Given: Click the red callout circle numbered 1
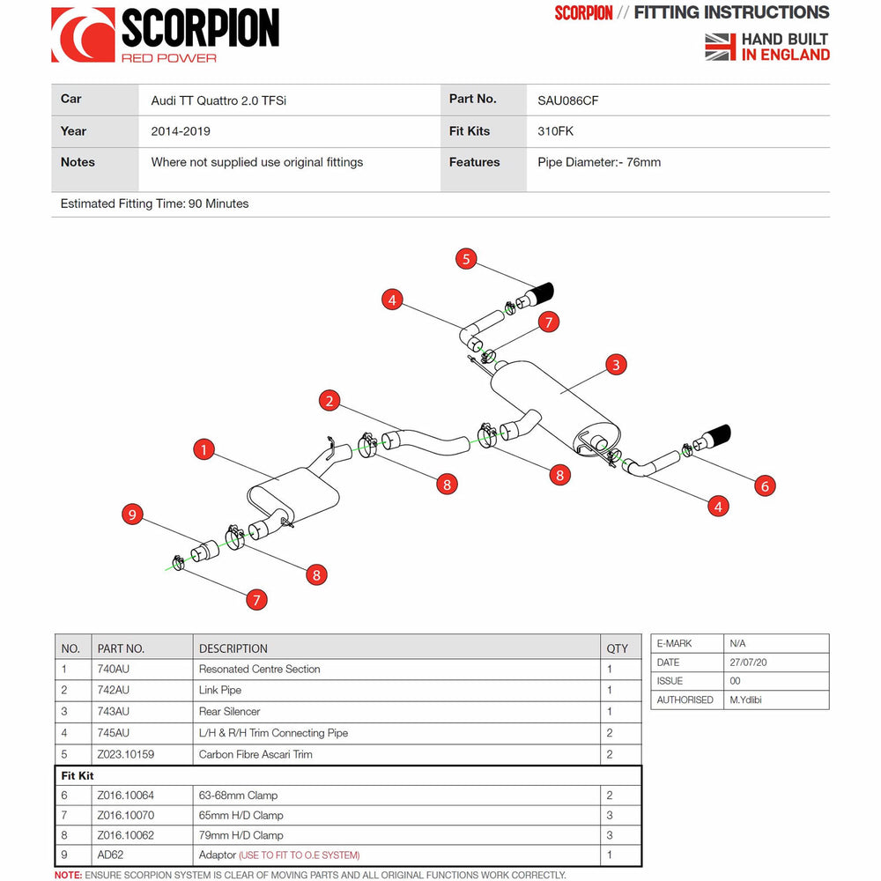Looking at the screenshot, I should pos(204,450).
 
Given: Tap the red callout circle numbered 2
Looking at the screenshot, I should pos(329,401).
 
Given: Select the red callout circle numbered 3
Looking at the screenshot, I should pos(616,364).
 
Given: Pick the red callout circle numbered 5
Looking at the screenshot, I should pos(466,259).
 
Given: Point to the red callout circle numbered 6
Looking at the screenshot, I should pos(764,485).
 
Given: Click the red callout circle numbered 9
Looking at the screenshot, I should pos(133,515).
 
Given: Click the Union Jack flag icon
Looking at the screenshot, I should pos(720,47).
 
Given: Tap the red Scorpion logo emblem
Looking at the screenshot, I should pos(82,35).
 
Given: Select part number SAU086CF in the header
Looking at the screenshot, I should pos(568,100).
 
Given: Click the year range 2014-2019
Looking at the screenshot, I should pos(181,131).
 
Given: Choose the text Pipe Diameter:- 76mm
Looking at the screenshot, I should pos(599,162).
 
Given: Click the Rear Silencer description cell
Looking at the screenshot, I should pos(230,712).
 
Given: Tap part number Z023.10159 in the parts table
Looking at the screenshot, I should pos(126,754).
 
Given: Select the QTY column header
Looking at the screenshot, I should pos(618,648).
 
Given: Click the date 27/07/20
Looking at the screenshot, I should pos(748,663).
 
